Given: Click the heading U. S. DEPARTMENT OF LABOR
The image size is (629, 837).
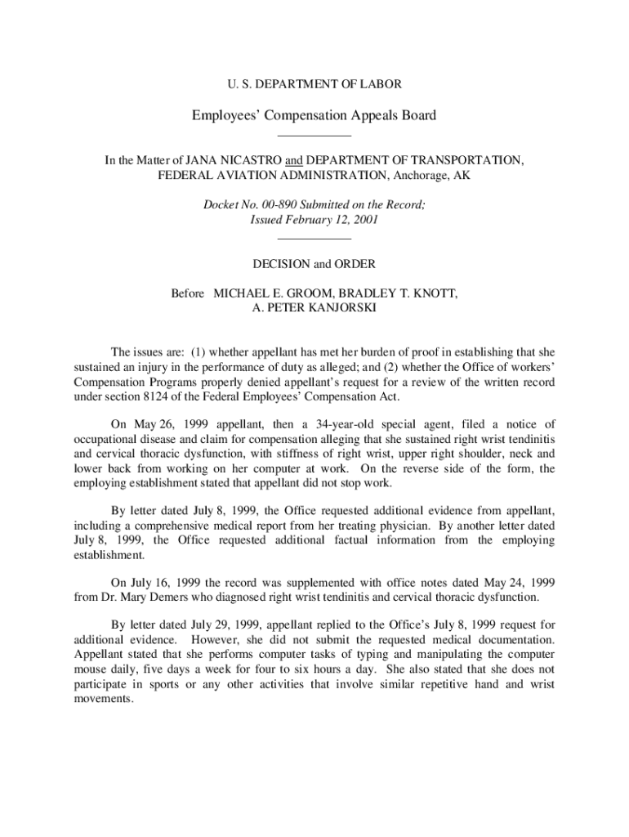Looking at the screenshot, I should coord(314,83).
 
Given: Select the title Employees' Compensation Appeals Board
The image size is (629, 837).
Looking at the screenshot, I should coord(314,115).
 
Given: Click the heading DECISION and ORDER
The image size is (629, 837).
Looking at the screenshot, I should coord(314,264).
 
